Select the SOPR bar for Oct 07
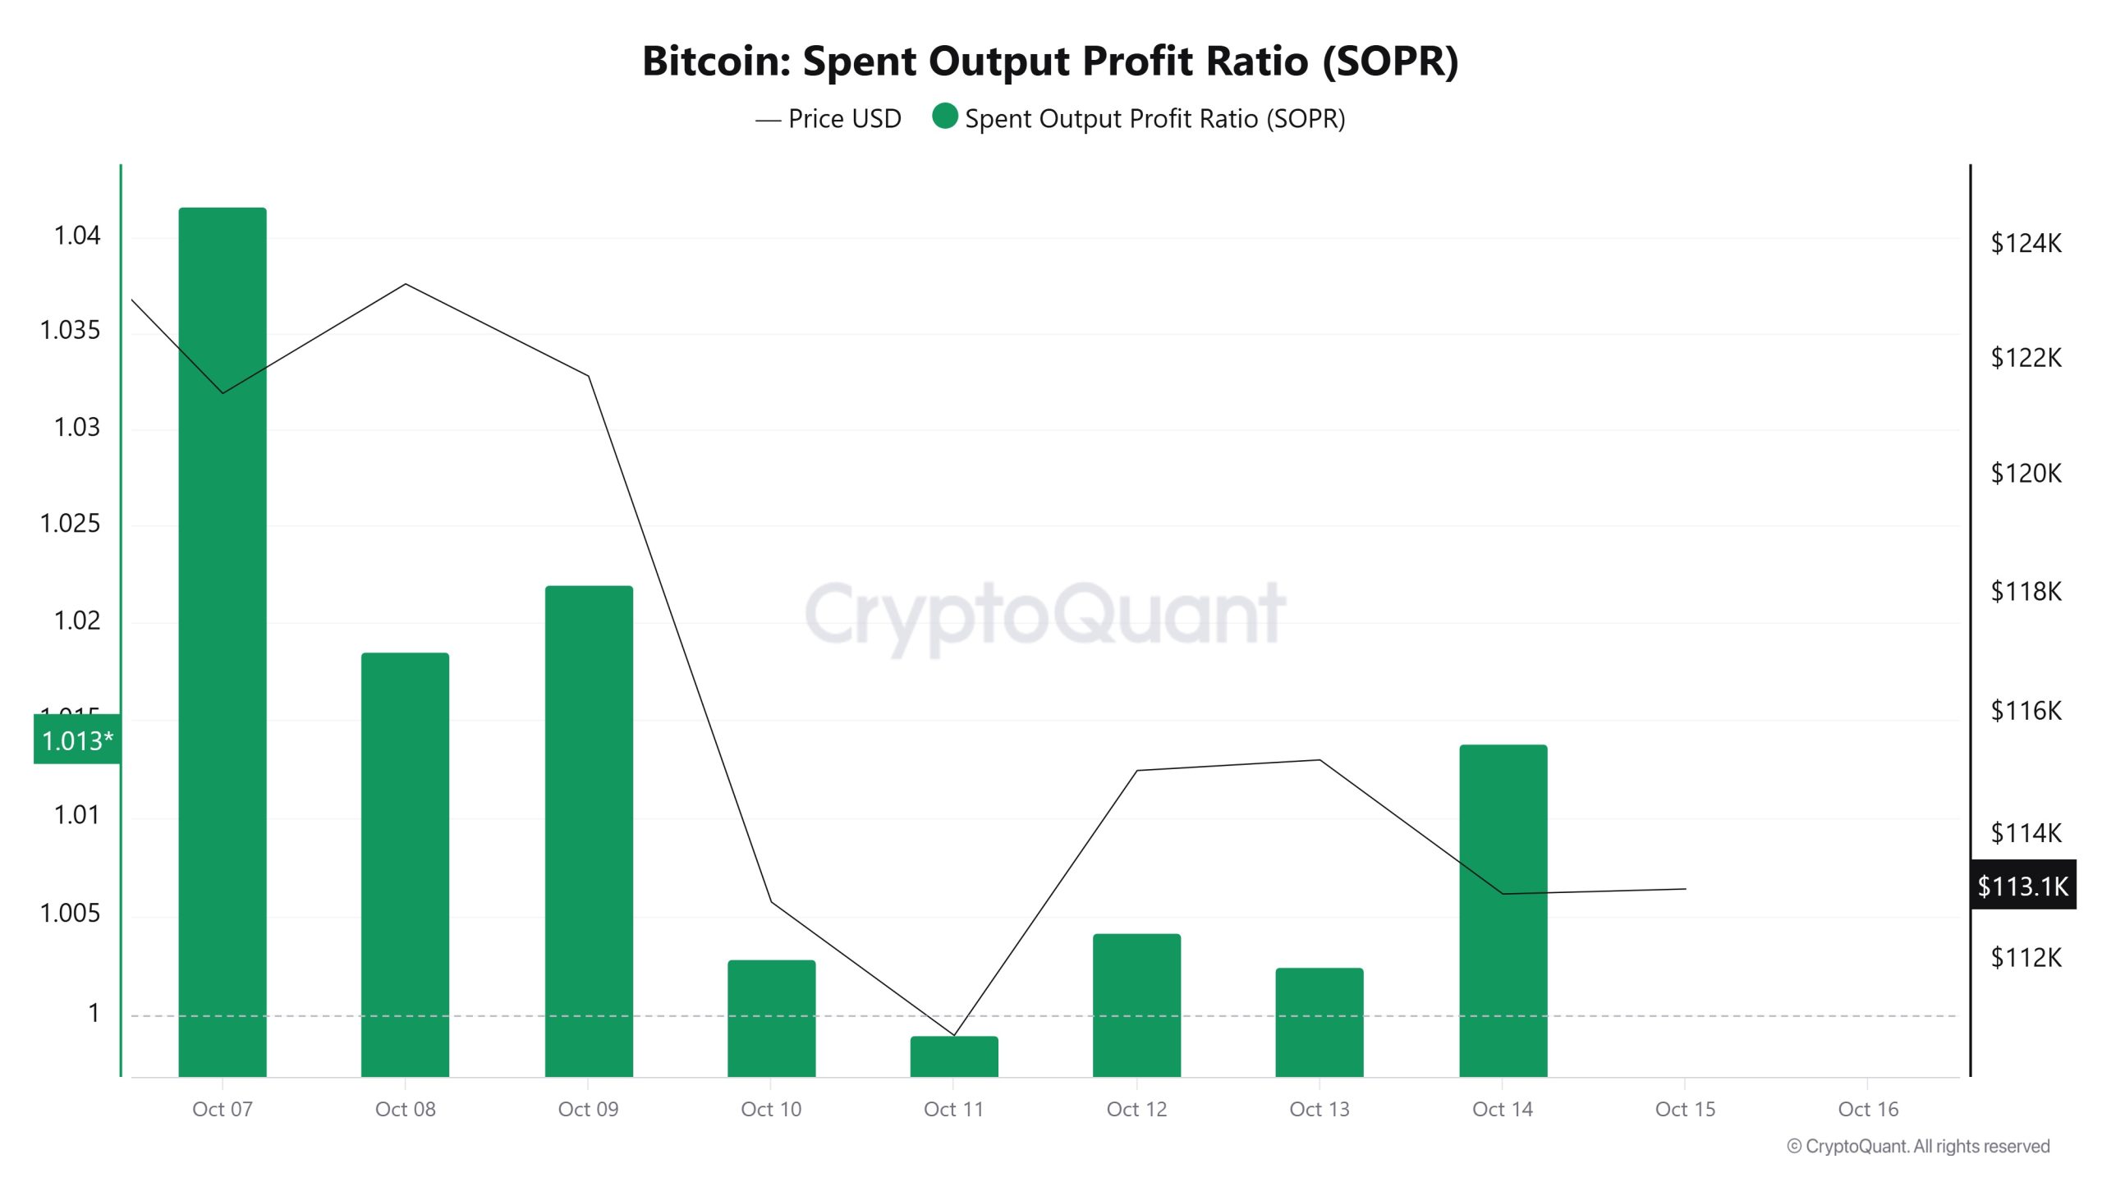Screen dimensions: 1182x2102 coord(223,640)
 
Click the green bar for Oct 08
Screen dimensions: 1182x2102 coord(405,862)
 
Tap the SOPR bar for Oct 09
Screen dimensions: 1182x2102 coord(589,829)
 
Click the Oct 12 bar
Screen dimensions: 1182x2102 coord(1136,1005)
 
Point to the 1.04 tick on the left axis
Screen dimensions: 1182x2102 coord(76,236)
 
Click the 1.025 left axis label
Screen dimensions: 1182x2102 coord(70,524)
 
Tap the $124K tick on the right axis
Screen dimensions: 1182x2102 coord(2026,244)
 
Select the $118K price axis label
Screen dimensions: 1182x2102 coord(2026,592)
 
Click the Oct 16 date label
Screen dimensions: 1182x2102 coord(1868,1110)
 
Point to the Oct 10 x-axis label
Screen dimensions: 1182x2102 coord(770,1110)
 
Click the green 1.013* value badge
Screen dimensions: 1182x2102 coord(77,740)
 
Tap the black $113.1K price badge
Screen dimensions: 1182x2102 coord(2022,886)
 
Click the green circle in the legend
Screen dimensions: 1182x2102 coord(945,117)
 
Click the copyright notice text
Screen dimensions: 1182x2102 coord(1918,1147)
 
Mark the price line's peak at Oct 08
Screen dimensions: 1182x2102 coord(406,285)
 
